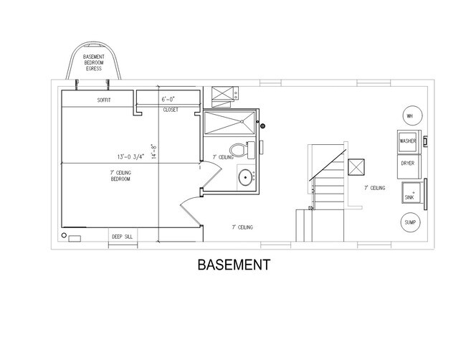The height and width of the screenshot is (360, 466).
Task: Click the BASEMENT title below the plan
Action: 233,265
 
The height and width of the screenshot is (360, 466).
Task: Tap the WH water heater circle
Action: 409,116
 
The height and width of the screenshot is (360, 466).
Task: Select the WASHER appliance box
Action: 408,141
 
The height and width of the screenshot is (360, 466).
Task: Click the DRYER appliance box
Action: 408,164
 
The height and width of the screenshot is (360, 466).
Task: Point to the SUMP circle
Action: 409,222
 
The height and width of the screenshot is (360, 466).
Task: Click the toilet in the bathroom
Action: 249,151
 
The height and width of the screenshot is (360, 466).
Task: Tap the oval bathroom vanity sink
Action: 244,176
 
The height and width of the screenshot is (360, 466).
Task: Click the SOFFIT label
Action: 106,100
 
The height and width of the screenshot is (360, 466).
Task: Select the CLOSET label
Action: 171,110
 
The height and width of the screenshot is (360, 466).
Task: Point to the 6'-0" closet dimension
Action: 168,99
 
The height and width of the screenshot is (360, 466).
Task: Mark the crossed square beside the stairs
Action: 356,166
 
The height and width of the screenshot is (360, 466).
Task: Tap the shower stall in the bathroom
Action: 229,123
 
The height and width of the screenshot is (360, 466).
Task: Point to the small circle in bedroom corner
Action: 65,235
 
